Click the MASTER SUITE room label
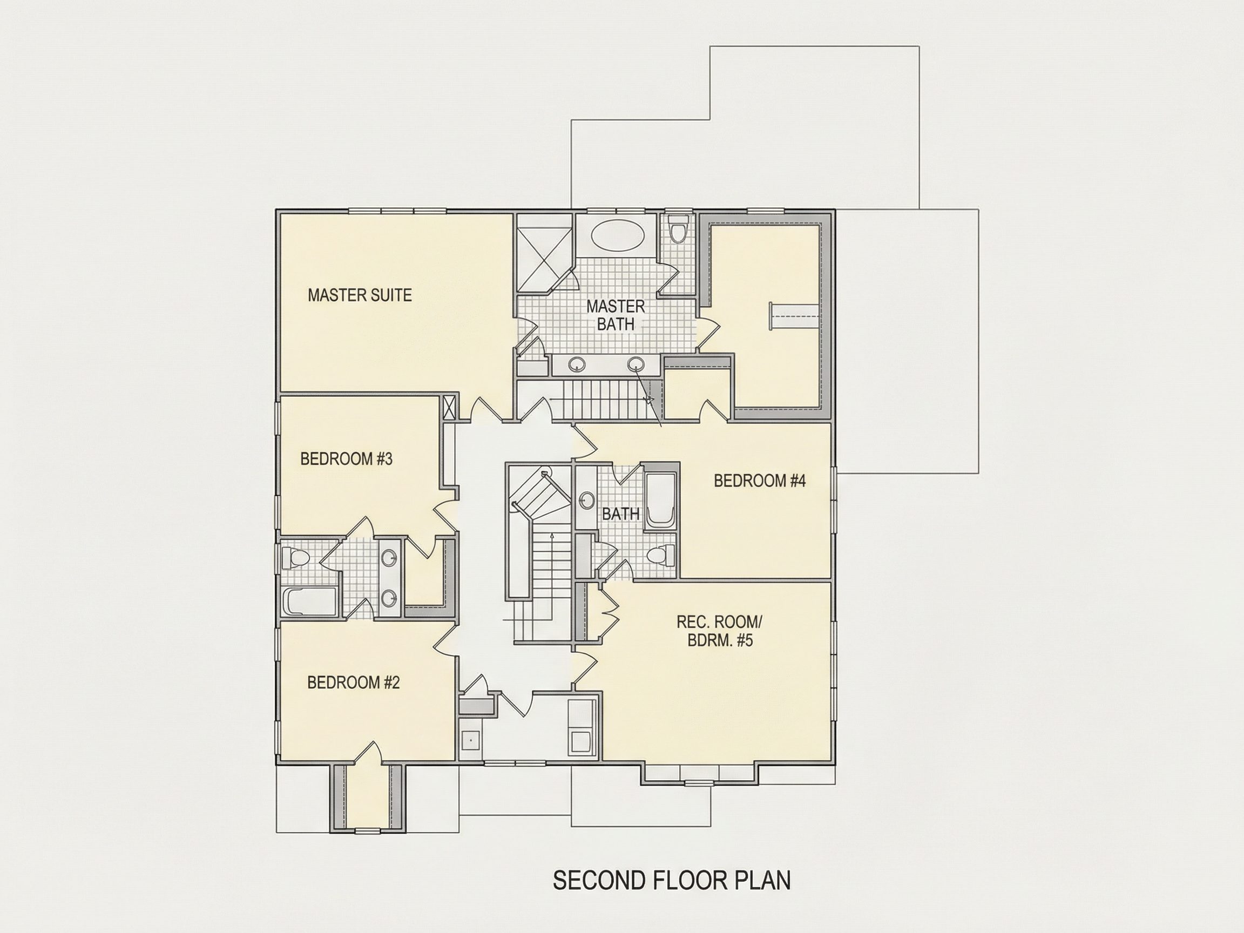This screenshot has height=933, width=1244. coord(360,295)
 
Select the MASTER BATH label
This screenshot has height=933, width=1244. coord(616,315)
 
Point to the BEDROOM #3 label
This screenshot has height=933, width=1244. coord(347,459)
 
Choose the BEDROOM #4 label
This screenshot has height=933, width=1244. coord(760,481)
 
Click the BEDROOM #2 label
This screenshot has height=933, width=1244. coord(353,682)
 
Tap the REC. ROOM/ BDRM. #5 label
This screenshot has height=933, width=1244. coord(720,631)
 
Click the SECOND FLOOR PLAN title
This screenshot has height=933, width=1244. coord(672,881)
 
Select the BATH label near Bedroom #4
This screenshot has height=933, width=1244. coord(621,513)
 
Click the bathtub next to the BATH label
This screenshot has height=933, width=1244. coord(660,502)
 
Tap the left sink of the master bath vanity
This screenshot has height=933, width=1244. coord(576,364)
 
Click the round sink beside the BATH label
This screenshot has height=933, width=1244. coord(587,499)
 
